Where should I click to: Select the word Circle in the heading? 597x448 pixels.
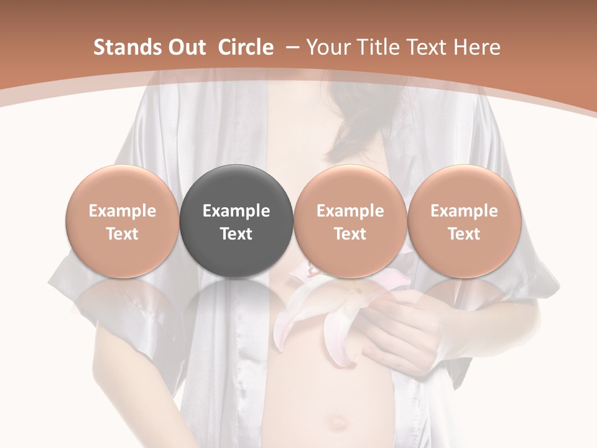click(x=246, y=47)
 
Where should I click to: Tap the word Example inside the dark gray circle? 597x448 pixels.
click(x=236, y=211)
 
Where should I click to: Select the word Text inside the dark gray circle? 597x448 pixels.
click(x=236, y=234)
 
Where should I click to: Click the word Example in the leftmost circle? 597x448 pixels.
click(x=123, y=211)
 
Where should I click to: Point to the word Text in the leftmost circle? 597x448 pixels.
click(x=123, y=234)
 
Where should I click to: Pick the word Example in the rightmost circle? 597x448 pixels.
click(x=464, y=211)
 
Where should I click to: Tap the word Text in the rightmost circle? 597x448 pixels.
click(x=464, y=234)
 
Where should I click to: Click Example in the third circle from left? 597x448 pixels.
click(x=350, y=211)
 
